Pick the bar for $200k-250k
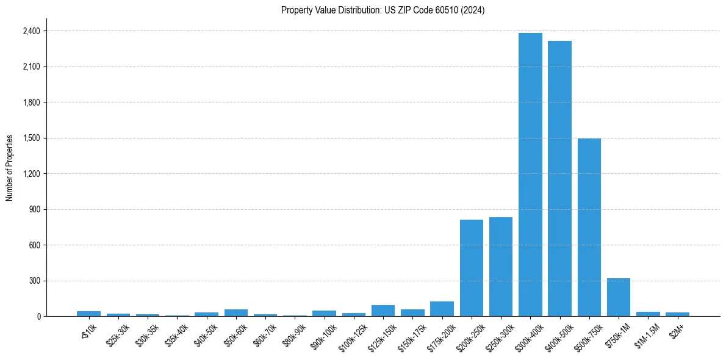pyautogui.click(x=472, y=268)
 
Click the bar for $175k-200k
pyautogui.click(x=442, y=309)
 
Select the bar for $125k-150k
pyautogui.click(x=383, y=311)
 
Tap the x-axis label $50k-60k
pyautogui.click(x=235, y=335)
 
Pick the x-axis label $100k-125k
pyautogui.click(x=352, y=336)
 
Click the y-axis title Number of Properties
pyautogui.click(x=10, y=168)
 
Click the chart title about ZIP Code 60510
pyautogui.click(x=383, y=10)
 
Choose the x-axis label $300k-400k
pyautogui.click(x=528, y=336)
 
